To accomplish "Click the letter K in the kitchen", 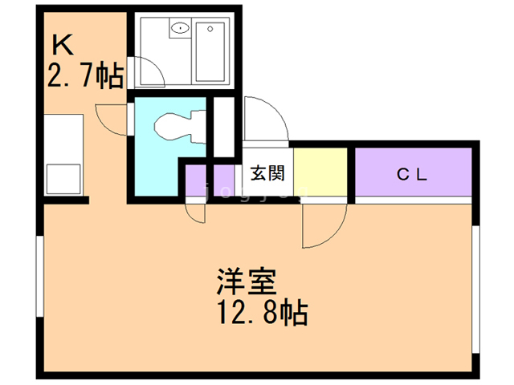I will pyautogui.click(x=63, y=43).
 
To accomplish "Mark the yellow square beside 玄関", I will pyautogui.click(x=320, y=172).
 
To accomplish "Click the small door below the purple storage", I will pyautogui.click(x=194, y=210).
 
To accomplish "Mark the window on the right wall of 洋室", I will pyautogui.click(x=475, y=289).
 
